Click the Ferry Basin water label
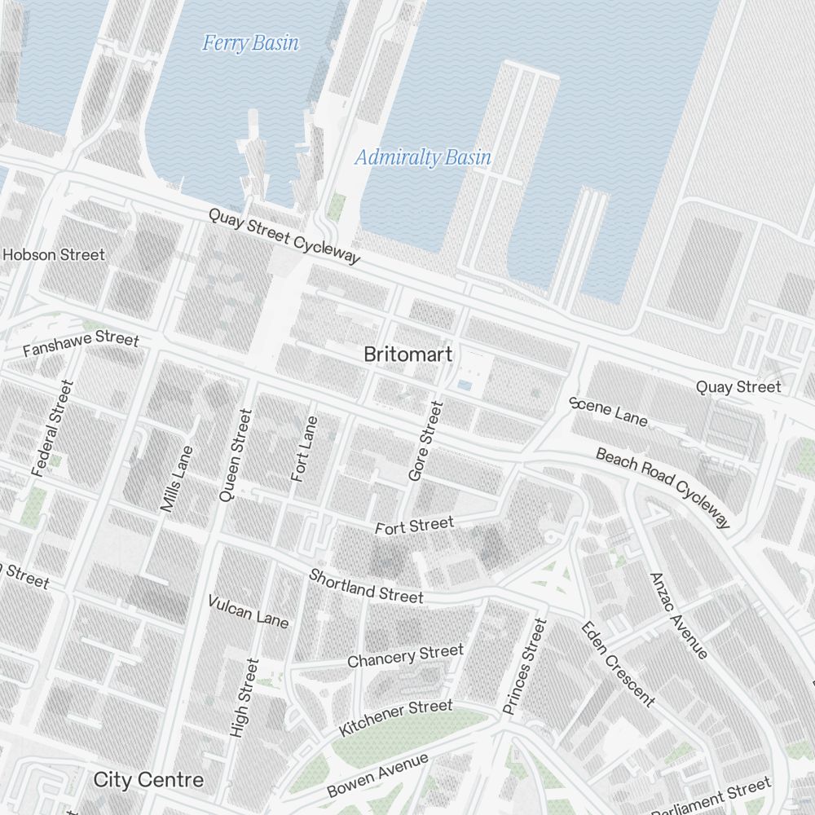tap(250, 42)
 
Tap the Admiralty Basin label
tap(423, 157)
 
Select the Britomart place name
tap(407, 355)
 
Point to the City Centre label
tap(148, 779)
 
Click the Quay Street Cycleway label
tap(284, 236)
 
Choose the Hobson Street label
tap(54, 255)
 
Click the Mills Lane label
tap(177, 478)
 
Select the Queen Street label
tap(236, 454)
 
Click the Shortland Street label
tap(366, 586)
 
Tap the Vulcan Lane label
tap(249, 611)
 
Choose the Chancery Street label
tap(405, 655)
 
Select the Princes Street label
tap(524, 667)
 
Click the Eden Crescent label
tap(617, 663)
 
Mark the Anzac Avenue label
tap(678, 615)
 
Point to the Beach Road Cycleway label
tap(663, 487)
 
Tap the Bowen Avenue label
tap(377, 775)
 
